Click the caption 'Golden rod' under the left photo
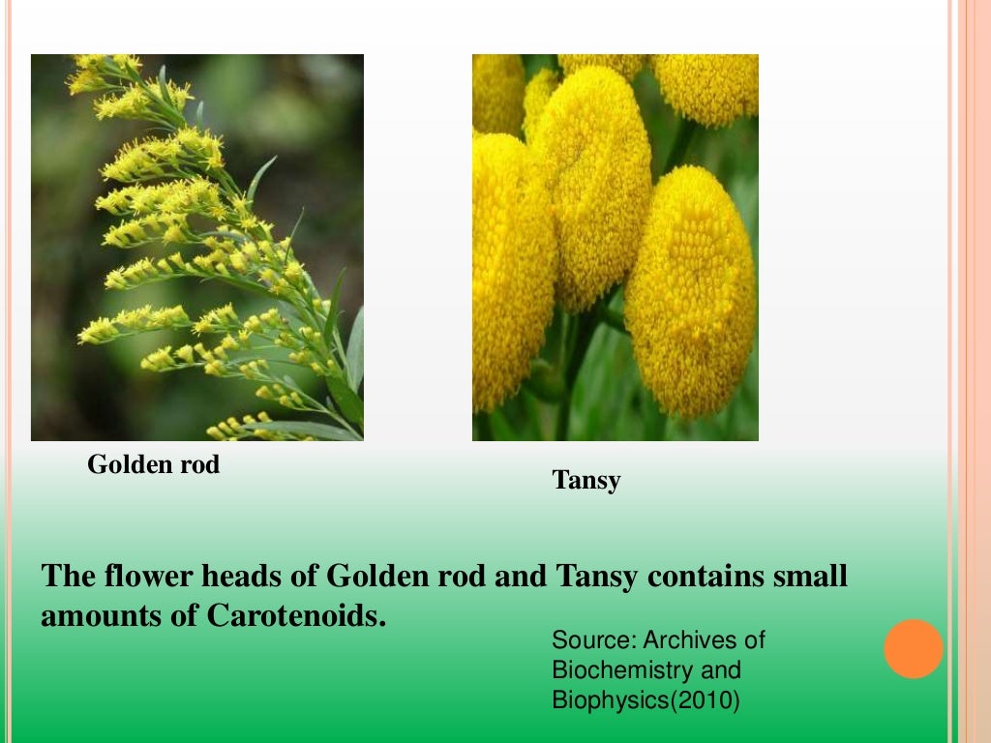click(153, 465)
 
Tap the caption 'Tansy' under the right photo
click(586, 480)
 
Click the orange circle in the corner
click(913, 648)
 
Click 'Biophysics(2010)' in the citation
click(645, 699)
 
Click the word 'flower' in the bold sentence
click(138, 578)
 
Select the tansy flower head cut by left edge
click(508, 271)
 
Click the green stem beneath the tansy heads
click(571, 387)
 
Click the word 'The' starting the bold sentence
click(67, 578)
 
